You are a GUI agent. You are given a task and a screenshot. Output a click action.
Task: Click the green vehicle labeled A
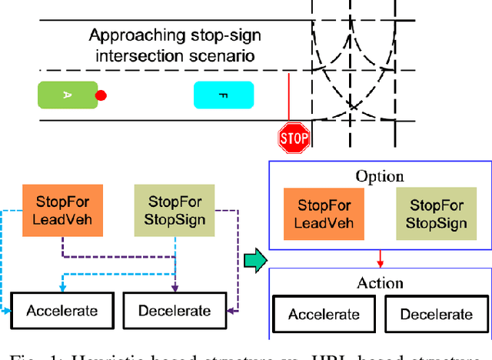68,95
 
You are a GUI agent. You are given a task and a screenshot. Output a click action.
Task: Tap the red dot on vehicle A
100,95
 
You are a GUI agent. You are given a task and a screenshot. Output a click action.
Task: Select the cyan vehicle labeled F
224,95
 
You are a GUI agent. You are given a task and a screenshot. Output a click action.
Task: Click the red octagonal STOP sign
293,138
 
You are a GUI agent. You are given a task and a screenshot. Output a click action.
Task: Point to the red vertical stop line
288,96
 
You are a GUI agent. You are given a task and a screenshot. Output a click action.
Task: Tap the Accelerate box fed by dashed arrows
61,311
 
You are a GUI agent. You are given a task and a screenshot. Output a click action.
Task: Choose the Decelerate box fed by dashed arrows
174,311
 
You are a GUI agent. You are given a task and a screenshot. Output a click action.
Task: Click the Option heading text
379,175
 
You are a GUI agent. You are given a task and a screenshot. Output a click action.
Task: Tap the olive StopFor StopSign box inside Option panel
436,215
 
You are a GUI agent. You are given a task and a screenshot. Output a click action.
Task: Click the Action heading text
380,282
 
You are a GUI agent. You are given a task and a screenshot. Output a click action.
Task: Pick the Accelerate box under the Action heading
324,315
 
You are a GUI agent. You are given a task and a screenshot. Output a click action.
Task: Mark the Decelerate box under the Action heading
436,315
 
